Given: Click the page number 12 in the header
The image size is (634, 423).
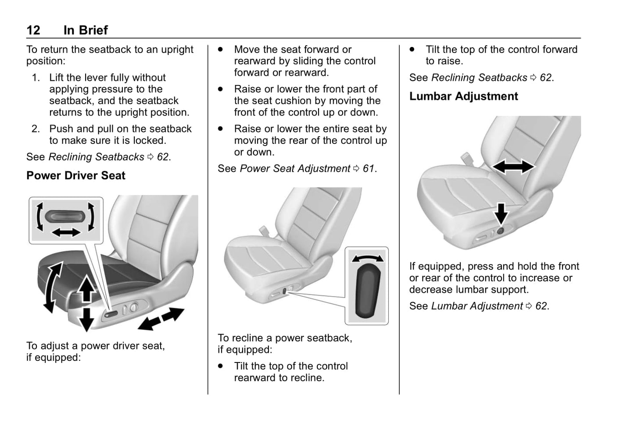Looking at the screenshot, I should coord(33,30).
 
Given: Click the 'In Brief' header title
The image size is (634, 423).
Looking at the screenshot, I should coord(86,30).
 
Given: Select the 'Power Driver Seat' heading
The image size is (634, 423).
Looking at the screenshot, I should coord(75,175).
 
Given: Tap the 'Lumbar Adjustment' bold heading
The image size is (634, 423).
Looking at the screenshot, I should coord(463,96).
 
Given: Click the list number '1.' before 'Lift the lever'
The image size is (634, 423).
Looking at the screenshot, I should coord(36,78).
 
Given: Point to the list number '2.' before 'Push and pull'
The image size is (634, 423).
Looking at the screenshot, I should coord(36,129).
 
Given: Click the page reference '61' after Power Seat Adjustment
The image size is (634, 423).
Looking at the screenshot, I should coord(369,168).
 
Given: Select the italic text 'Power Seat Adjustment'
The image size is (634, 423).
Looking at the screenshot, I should coord(295,168).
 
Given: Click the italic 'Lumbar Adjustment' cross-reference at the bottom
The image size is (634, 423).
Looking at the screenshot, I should coord(477,306).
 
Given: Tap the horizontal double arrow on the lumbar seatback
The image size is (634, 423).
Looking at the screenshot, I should coord(513,167).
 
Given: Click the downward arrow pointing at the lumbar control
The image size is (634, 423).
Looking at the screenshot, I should coord(501,213).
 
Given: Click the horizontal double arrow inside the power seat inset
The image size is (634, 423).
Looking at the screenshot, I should coord(66,232).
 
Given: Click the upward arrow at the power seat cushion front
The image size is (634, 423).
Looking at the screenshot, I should coord(87,288).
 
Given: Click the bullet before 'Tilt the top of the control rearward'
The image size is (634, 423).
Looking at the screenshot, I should coord(221,366).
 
